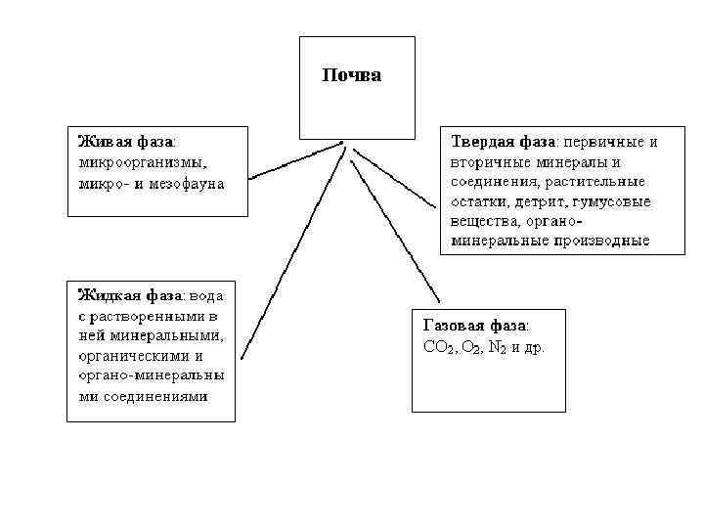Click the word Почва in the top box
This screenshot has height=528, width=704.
(x=351, y=75)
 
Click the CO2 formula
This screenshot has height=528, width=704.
(x=437, y=347)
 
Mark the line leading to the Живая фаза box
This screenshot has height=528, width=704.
(x=293, y=163)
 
